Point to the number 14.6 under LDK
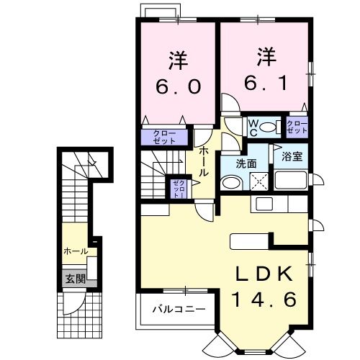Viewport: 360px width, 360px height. click(x=264, y=298)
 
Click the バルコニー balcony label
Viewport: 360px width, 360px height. click(x=178, y=309)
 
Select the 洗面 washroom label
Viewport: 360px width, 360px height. click(x=246, y=163)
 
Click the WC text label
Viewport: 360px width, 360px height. click(x=253, y=127)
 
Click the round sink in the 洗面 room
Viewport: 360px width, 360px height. click(x=228, y=184)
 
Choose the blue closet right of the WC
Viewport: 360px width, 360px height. click(x=297, y=127)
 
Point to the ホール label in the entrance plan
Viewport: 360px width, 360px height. click(x=76, y=251)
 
